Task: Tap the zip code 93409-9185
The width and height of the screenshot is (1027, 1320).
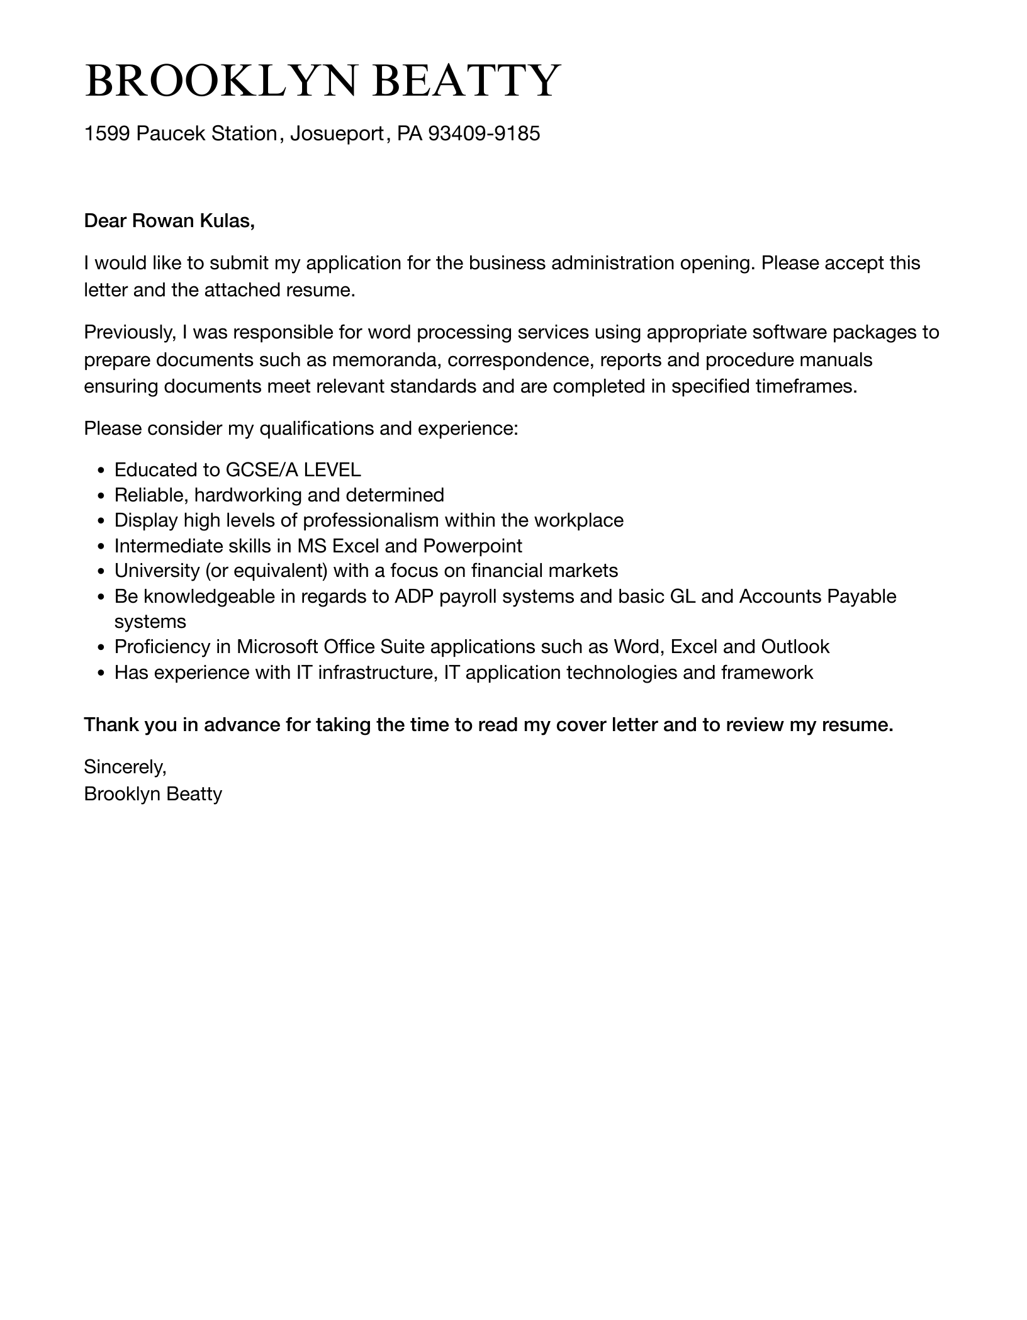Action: click(483, 133)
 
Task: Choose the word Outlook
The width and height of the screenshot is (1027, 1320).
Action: click(795, 647)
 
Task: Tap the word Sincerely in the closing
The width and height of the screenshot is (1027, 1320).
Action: click(125, 766)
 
